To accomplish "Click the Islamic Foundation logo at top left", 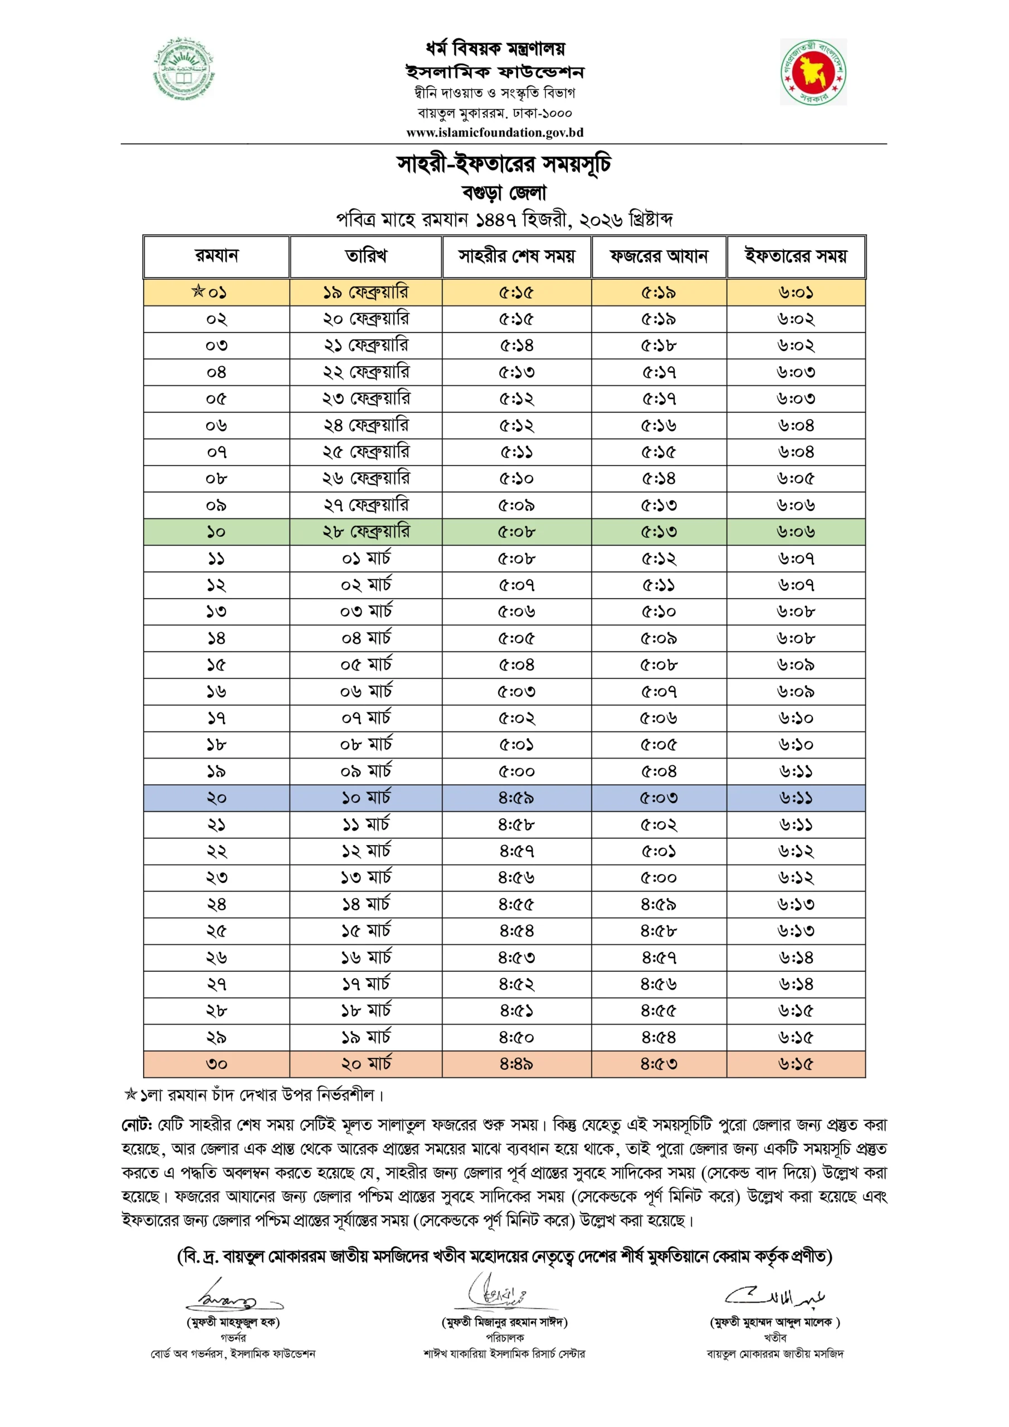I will [x=183, y=69].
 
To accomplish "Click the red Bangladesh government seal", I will [x=813, y=72].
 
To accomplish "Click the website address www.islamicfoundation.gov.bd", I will [x=495, y=132].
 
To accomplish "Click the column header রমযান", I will [x=216, y=256].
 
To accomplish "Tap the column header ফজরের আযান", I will [x=659, y=256].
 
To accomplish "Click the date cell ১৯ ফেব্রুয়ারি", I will [x=365, y=292].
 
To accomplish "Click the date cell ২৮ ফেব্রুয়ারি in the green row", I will [x=365, y=531].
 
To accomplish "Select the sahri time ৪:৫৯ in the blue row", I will [x=516, y=798].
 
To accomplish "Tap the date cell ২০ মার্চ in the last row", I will [x=365, y=1064].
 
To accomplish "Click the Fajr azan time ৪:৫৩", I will [x=659, y=1064].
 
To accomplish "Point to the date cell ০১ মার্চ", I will [x=365, y=558].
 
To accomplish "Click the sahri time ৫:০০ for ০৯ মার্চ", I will [x=516, y=771].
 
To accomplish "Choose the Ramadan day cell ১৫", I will [x=216, y=665].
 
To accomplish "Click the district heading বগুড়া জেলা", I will [x=504, y=193].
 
